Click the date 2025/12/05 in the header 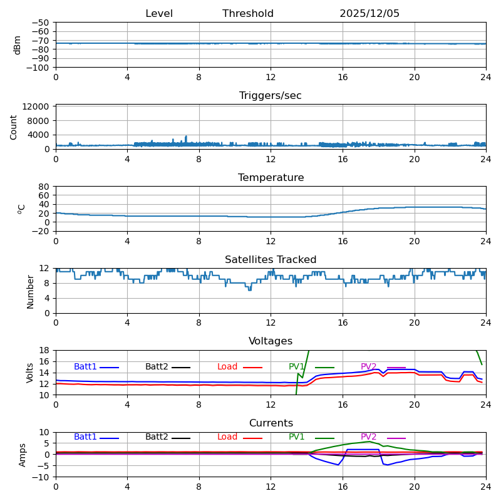pos(369,14)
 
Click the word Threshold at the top pos(248,14)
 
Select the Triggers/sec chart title pos(271,96)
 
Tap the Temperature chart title pos(271,178)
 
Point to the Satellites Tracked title pos(271,260)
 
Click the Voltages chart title pos(271,341)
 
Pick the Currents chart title pos(271,423)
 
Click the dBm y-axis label pos(18,44)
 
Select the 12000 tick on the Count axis pos(37,107)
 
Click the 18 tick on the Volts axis pos(45,350)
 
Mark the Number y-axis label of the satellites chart pos(31,292)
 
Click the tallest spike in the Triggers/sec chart pos(186,137)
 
